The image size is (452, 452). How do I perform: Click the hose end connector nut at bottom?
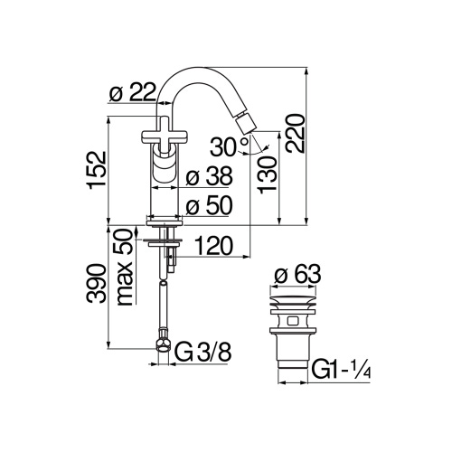pos(162,344)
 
